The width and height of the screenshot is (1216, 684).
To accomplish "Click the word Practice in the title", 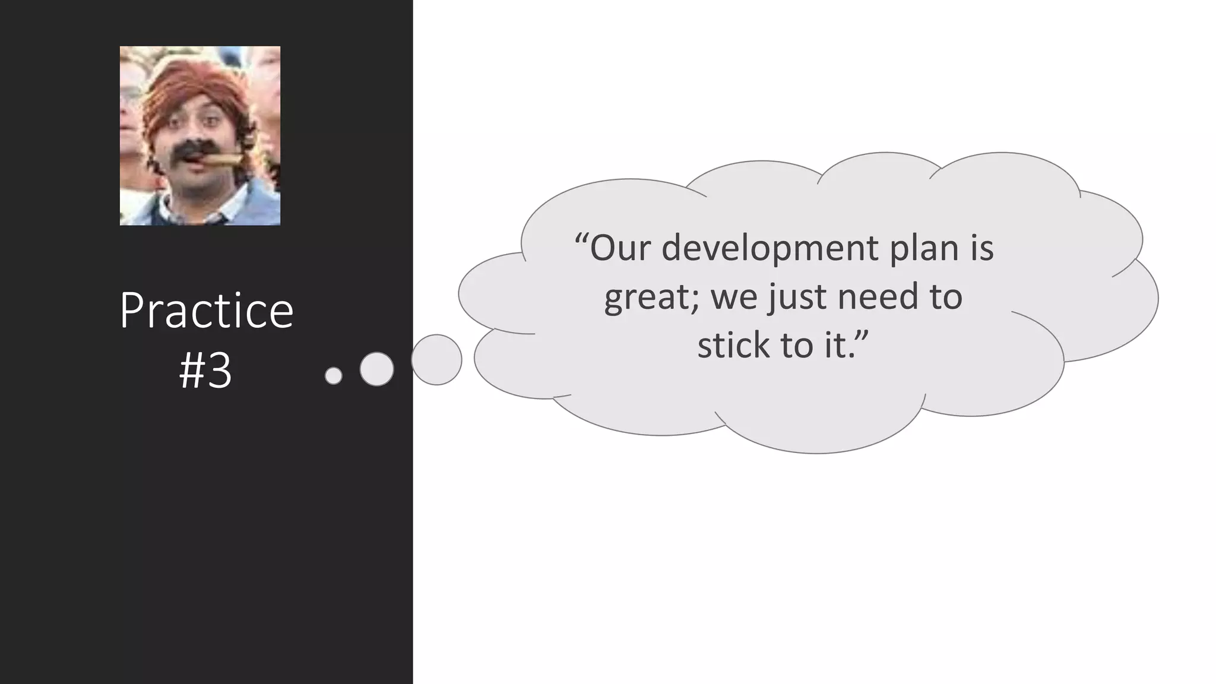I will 206,311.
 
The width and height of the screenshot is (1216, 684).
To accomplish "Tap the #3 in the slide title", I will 205,371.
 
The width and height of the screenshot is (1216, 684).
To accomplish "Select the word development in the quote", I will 769,248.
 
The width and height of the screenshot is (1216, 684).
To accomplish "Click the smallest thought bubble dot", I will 334,375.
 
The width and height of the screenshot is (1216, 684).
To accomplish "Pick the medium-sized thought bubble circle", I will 376,369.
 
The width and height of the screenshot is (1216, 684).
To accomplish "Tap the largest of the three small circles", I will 436,360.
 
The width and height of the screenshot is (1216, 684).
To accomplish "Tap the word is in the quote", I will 982,248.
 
